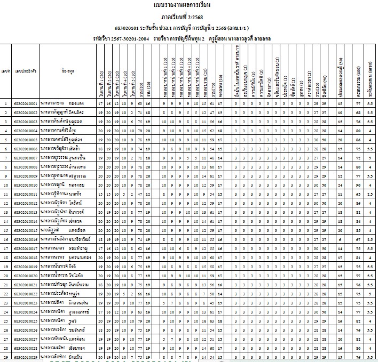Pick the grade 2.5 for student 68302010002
[369, 113]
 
